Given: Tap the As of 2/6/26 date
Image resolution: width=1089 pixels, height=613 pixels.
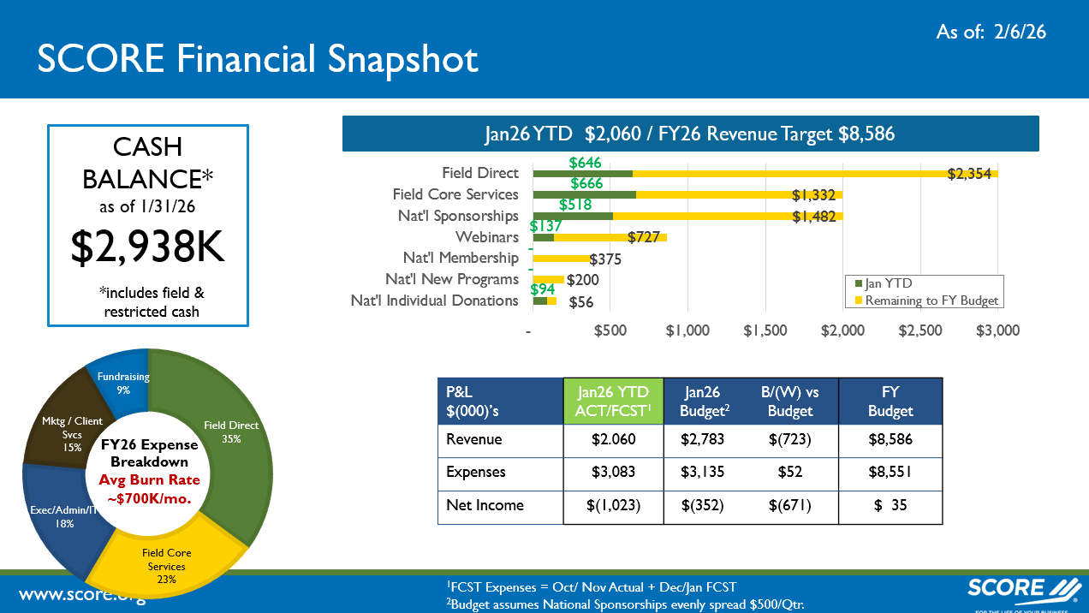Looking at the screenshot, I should click(x=991, y=32).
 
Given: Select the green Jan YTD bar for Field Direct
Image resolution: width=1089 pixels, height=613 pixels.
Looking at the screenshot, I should click(x=582, y=174).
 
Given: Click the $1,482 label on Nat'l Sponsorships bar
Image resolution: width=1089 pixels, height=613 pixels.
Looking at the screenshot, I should click(x=813, y=217).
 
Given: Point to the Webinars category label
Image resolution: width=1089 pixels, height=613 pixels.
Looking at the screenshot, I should click(x=486, y=236).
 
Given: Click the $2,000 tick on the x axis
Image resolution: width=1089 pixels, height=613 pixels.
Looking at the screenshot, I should click(x=842, y=330).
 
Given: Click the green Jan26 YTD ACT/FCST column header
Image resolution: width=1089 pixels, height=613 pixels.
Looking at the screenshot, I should click(x=612, y=402).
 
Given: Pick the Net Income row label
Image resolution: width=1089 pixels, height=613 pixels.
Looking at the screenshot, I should click(x=485, y=505).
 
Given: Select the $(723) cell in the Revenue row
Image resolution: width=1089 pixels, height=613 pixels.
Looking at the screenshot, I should click(x=789, y=440).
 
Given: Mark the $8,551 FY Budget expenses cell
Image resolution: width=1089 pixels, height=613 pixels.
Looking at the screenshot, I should click(x=890, y=472).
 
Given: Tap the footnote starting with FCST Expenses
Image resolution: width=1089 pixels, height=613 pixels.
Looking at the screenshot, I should click(x=591, y=587).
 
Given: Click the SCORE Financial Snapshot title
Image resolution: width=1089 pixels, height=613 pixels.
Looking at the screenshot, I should click(x=258, y=59).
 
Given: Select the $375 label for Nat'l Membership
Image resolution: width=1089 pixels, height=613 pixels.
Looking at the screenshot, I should click(x=604, y=259).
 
